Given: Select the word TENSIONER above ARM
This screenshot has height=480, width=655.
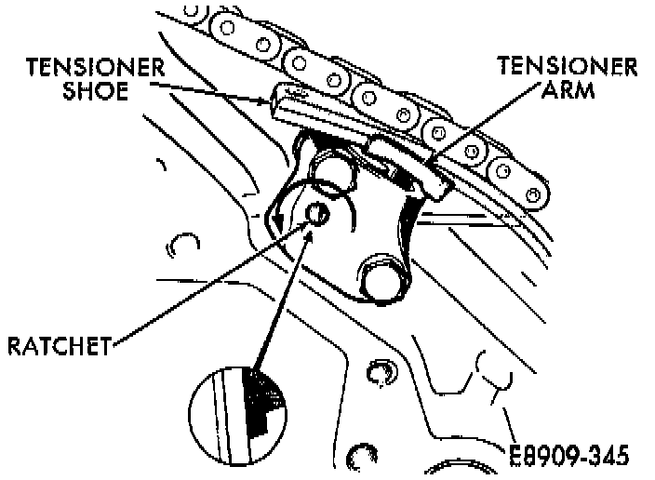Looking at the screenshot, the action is (x=567, y=66).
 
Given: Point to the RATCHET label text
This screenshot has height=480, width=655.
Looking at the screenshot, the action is (x=59, y=347).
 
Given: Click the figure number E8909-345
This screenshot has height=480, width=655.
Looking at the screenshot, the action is (x=569, y=456).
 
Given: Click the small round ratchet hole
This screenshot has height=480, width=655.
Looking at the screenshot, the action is (x=316, y=215).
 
